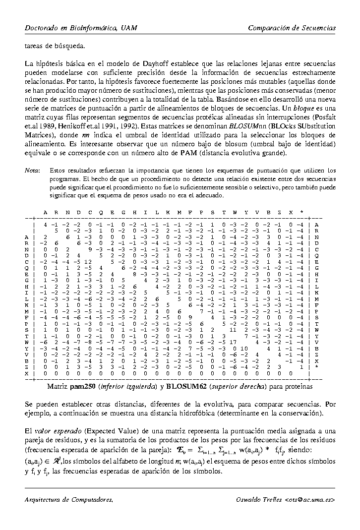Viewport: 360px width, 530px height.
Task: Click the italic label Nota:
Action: tap(32, 171)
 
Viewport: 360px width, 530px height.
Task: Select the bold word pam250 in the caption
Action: tap(82, 385)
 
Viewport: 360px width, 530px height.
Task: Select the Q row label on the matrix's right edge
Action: tap(316, 254)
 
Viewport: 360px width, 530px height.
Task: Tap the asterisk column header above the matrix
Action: tap(301, 213)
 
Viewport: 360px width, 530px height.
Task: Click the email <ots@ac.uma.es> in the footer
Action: tap(310, 499)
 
